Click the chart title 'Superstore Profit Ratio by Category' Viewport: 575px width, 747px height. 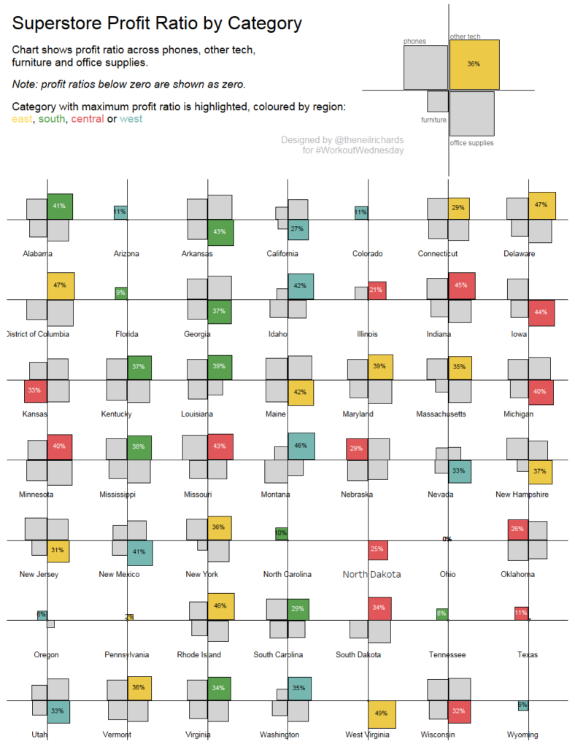[x=157, y=23]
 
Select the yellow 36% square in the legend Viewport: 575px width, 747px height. [x=474, y=64]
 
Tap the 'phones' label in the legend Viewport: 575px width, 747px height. [x=414, y=42]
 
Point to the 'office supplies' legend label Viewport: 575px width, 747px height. [x=471, y=143]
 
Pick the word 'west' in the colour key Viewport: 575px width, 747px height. [x=131, y=119]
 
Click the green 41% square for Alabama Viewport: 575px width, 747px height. [x=61, y=206]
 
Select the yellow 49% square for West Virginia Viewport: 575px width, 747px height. [x=382, y=714]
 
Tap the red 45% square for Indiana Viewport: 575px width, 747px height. [x=461, y=285]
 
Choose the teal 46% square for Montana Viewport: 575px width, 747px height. [x=301, y=446]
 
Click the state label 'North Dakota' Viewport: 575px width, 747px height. [x=371, y=574]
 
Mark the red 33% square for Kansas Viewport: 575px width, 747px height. [x=35, y=391]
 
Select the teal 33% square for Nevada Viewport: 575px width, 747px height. [x=459, y=471]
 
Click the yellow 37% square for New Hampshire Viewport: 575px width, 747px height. [x=540, y=471]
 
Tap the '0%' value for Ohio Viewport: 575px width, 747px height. [x=447, y=539]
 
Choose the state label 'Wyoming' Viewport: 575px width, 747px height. [x=522, y=735]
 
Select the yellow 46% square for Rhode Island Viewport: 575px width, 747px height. [x=221, y=606]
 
